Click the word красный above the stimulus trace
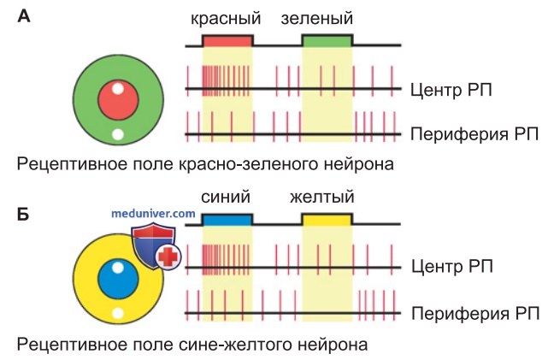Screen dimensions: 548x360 226,19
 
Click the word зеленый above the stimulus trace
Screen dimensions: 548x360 316,19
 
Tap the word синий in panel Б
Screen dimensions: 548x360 226,197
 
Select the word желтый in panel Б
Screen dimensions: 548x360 322,197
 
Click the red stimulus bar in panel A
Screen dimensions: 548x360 227,41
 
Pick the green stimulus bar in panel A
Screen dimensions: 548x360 327,41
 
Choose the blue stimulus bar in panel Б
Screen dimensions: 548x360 227,220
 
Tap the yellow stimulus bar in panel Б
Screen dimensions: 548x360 327,220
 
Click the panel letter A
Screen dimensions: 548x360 24,16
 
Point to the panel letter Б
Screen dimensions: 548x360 23,214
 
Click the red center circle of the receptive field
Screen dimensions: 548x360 118,100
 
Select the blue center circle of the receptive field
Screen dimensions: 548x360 118,280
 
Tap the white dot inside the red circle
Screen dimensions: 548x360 118,88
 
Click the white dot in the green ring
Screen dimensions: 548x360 118,134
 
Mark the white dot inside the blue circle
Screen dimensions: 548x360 118,268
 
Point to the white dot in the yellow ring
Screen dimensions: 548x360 118,313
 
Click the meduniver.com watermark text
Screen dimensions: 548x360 153,213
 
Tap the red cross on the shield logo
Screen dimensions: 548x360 168,257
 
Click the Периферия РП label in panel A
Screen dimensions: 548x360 474,134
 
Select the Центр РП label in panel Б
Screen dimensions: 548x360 452,266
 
